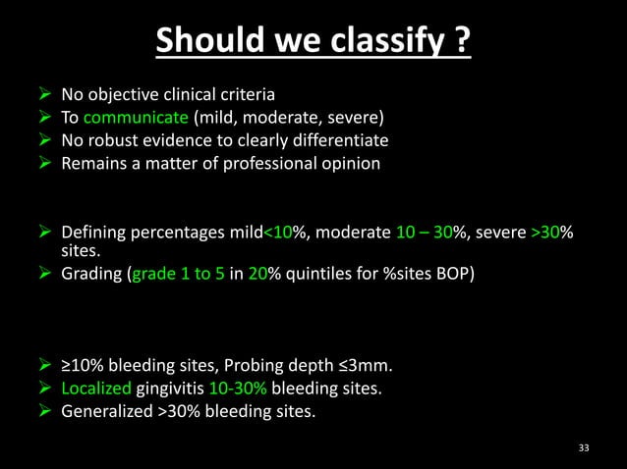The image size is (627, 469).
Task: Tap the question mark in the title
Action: pyautogui.click(x=462, y=41)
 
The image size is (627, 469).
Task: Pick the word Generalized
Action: pyautogui.click(x=102, y=411)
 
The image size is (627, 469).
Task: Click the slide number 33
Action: pyautogui.click(x=585, y=448)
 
